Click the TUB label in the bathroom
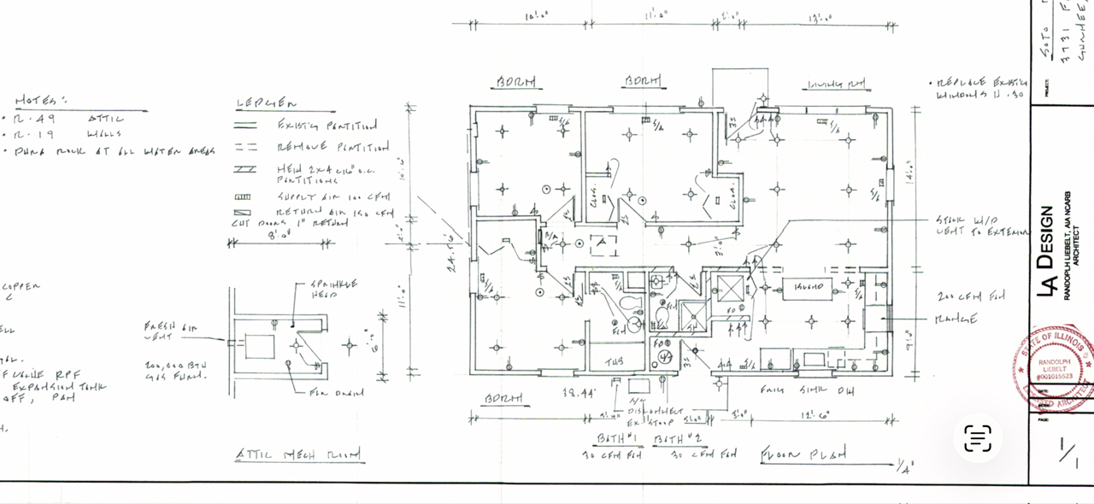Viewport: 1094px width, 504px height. click(615, 362)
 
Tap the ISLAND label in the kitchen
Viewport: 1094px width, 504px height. click(808, 286)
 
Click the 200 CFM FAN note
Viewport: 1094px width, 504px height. click(969, 296)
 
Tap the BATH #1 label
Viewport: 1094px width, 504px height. click(613, 438)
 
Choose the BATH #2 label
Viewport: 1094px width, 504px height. click(671, 438)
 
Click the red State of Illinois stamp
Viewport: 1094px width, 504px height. click(1054, 366)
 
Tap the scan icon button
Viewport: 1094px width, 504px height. click(978, 438)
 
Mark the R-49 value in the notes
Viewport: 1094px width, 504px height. click(36, 119)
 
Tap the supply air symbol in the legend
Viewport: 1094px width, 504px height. click(244, 196)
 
